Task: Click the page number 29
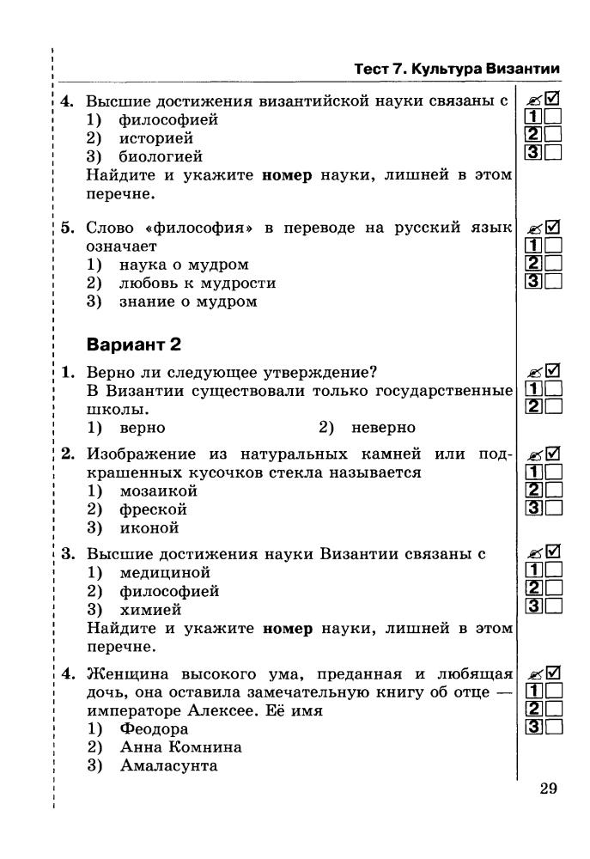[549, 789]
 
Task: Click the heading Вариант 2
[134, 344]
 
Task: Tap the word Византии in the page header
[522, 69]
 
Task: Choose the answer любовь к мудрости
[197, 283]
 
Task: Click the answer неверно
[383, 427]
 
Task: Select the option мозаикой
[158, 491]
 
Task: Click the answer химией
[149, 610]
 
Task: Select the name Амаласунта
[168, 765]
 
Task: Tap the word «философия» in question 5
[199, 228]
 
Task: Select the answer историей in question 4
[155, 138]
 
